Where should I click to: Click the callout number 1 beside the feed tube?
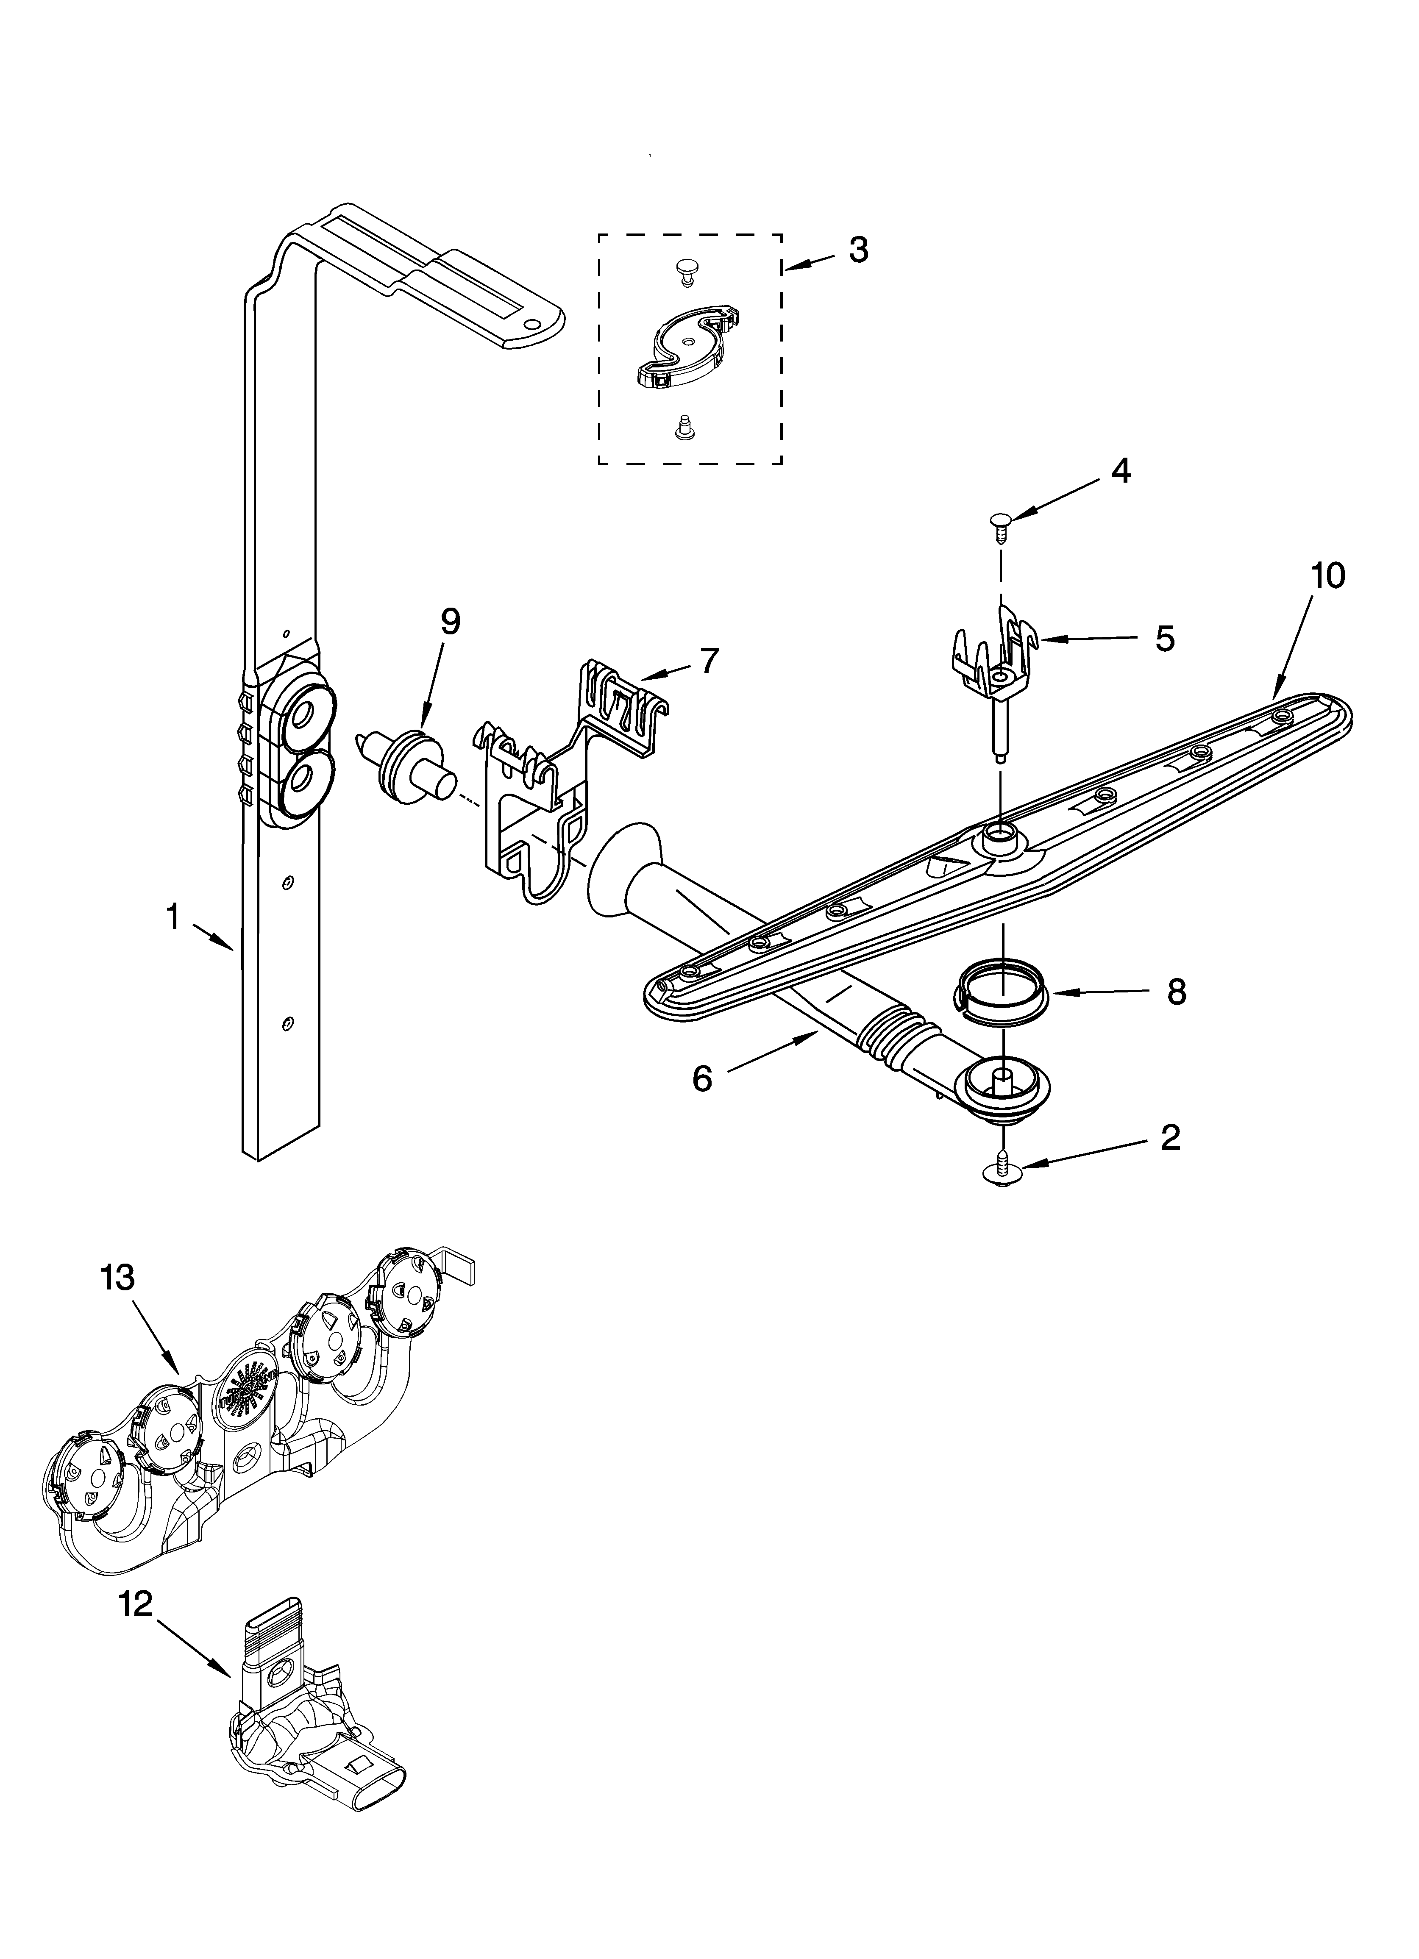point(173,917)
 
